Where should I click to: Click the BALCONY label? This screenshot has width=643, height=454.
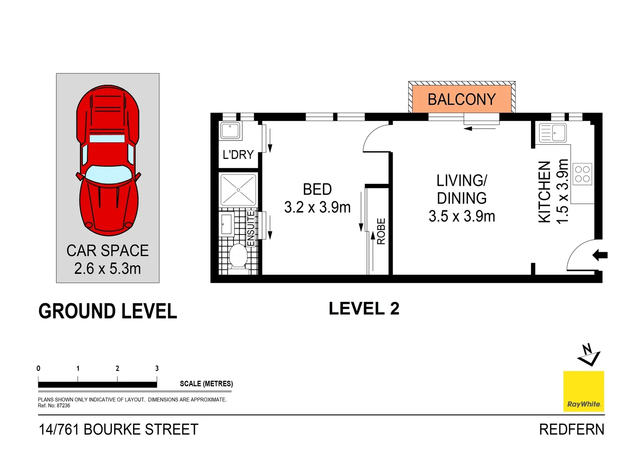pos(462,100)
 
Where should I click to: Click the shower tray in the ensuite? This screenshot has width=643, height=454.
pos(238,190)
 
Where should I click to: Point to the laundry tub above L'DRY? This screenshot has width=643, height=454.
pos(230,130)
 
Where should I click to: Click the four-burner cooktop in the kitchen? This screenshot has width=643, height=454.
pos(582,174)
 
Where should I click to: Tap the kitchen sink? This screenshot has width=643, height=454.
pos(553,133)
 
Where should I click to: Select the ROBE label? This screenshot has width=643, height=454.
pos(381,231)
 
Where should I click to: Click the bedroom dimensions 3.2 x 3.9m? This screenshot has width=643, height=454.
pos(317,207)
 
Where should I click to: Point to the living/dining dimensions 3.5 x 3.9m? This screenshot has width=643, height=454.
pos(462,216)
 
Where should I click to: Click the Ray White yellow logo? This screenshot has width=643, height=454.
pos(584,391)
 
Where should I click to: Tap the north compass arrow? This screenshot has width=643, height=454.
pos(589,355)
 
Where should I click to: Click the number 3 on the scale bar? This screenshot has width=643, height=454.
pos(157,368)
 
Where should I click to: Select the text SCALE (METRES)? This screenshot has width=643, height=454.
pos(206,384)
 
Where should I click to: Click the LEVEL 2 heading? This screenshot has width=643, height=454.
pos(364,309)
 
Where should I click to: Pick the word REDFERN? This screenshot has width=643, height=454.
pos(571,430)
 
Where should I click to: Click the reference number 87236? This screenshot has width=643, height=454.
pos(63,406)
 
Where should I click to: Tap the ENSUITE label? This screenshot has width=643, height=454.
pos(251,228)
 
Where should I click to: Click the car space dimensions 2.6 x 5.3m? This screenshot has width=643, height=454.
pos(107,269)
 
